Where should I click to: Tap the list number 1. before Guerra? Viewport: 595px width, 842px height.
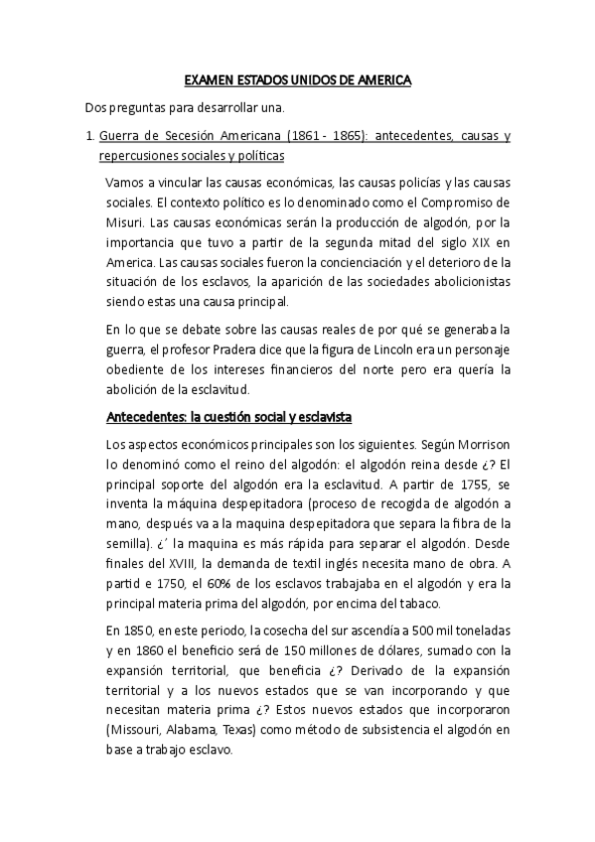90,135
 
